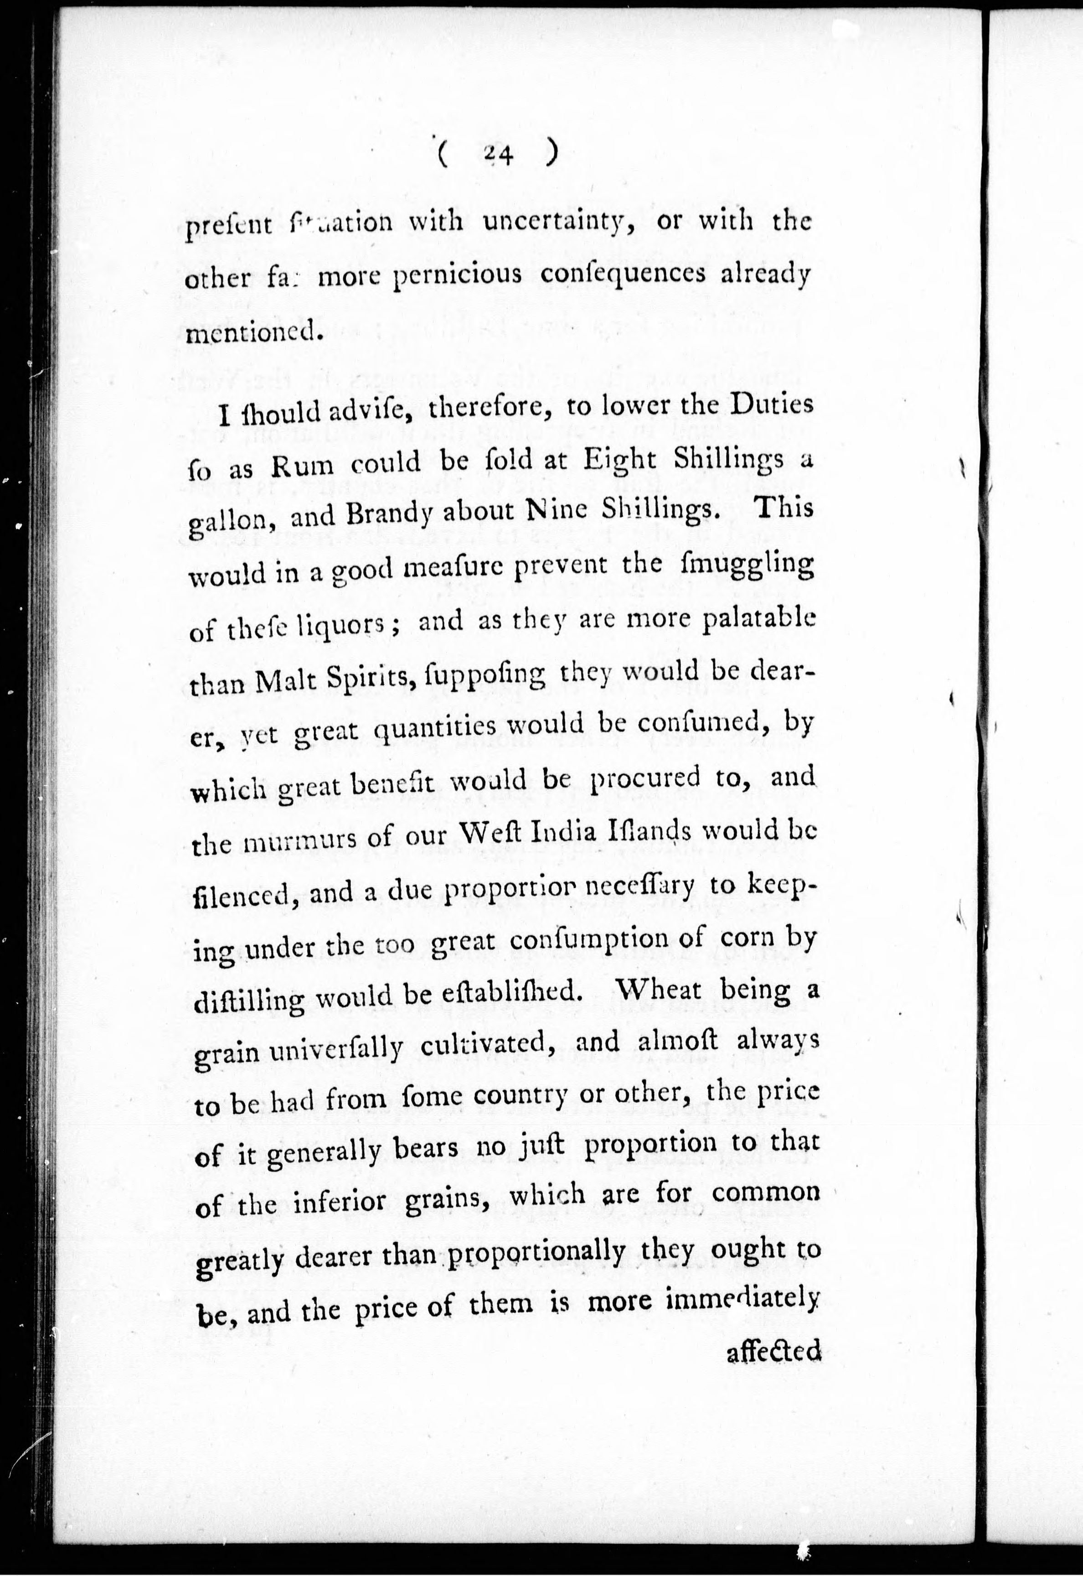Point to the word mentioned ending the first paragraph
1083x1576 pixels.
click(251, 331)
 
